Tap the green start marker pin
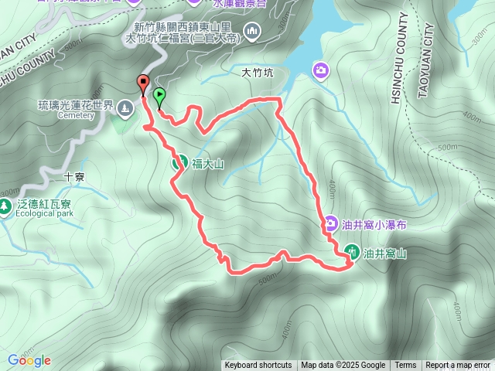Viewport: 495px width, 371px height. click(159, 97)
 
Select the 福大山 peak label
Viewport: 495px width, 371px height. click(207, 163)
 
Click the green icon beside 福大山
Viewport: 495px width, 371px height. click(178, 162)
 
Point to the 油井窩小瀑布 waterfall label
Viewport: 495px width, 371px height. click(374, 224)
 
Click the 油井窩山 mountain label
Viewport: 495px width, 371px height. click(384, 252)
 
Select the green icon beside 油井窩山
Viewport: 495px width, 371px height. click(352, 251)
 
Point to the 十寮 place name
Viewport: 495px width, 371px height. click(74, 176)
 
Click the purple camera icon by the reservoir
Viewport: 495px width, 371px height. click(320, 71)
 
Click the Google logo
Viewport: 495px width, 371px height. click(29, 360)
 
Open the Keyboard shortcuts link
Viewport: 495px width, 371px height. click(258, 366)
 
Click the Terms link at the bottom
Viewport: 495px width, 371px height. click(405, 366)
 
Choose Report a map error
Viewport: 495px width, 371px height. click(459, 366)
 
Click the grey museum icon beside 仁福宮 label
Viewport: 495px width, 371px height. click(252, 31)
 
